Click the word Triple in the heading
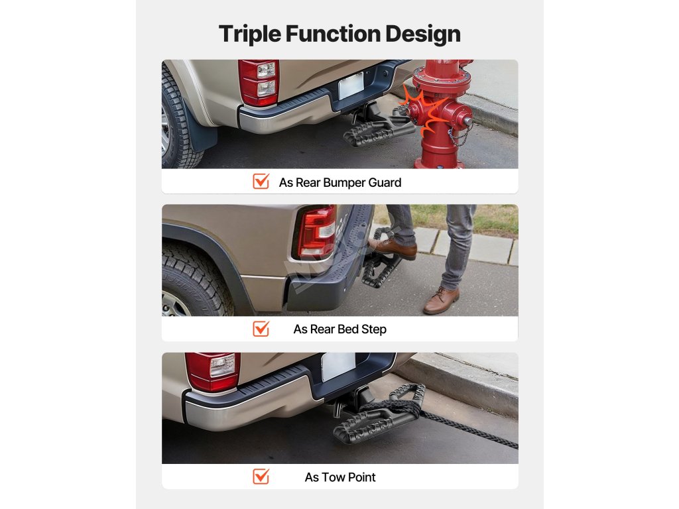pos(250,34)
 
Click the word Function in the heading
pos(333,33)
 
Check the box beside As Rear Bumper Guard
pos(261,182)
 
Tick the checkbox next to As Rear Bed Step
pos(261,329)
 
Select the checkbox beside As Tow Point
pos(261,476)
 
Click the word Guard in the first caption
pos(385,183)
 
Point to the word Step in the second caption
pos(374,329)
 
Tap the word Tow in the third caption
pos(333,477)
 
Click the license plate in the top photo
pos(351,85)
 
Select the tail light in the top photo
pos(258,83)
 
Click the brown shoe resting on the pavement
pos(441,300)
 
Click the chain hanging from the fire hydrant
pos(460,136)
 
